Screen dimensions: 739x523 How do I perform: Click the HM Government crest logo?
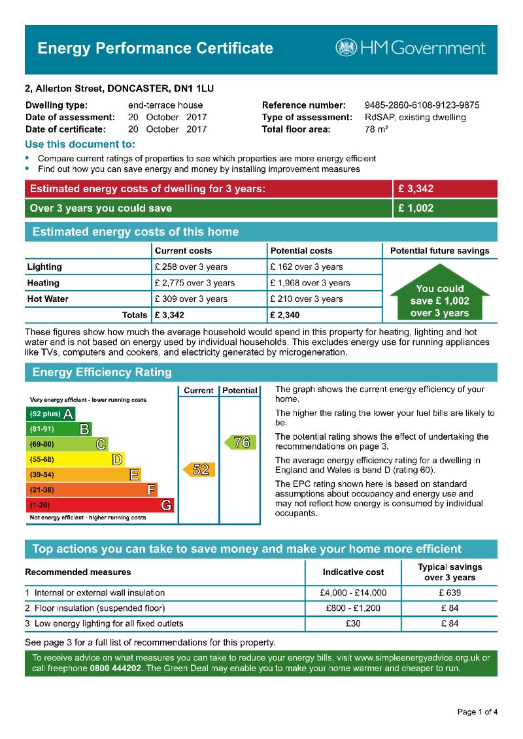point(346,48)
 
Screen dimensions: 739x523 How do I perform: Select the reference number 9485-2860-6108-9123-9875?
point(422,105)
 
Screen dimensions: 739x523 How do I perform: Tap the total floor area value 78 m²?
point(377,129)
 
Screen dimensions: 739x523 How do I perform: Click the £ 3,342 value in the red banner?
point(416,189)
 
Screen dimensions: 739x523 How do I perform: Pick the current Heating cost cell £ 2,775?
point(194,283)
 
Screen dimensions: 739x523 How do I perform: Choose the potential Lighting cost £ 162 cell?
point(306,267)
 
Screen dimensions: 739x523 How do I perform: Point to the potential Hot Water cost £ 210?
point(306,299)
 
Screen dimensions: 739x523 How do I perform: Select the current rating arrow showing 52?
point(199,469)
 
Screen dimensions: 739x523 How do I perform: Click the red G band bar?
point(101,505)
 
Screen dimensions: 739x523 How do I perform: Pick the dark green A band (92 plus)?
point(50,414)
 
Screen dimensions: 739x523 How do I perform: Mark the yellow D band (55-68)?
point(75,459)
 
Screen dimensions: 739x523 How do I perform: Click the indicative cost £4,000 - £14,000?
point(354,593)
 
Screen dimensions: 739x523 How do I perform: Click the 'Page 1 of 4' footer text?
point(477,712)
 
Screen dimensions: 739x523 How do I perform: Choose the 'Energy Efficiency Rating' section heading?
point(102,372)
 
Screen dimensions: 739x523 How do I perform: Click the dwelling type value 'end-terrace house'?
point(165,105)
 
